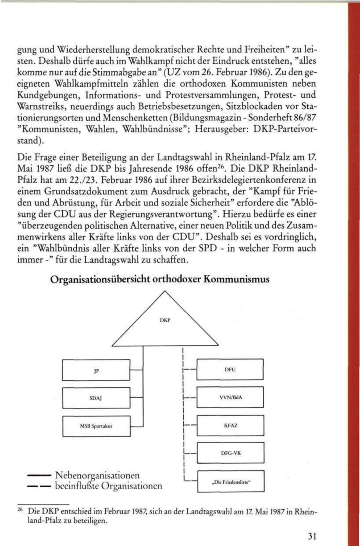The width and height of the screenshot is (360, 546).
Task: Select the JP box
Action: click(96, 370)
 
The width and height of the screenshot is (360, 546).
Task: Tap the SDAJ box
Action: click(96, 398)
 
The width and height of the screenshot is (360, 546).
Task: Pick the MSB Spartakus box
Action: click(96, 426)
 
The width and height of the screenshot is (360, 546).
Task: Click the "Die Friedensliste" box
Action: click(231, 482)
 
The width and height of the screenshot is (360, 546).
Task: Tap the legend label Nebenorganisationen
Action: click(97, 476)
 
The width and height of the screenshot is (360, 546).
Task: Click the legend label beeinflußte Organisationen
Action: click(108, 486)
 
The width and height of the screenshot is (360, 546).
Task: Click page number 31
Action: click(313, 536)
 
